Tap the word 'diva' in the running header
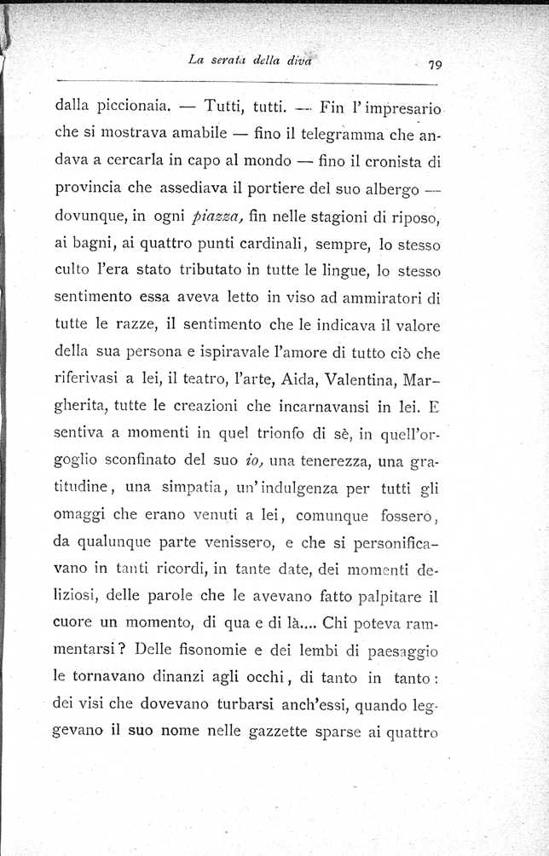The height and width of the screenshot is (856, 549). click(302, 58)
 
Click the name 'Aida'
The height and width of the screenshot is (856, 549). click(312, 357)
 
